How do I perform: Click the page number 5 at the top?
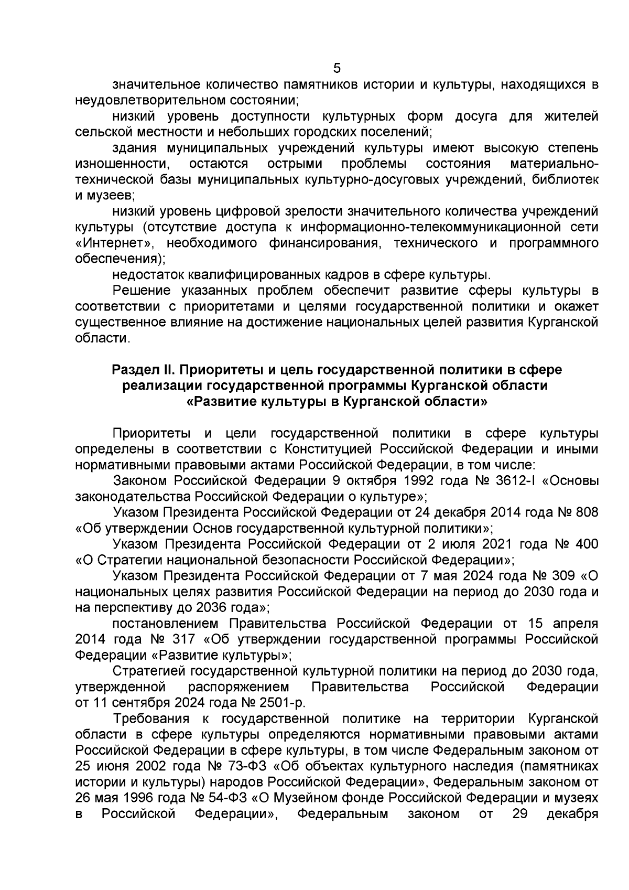click(x=337, y=69)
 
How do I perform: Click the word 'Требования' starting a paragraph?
click(x=151, y=719)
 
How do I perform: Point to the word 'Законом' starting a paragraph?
click(x=140, y=481)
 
